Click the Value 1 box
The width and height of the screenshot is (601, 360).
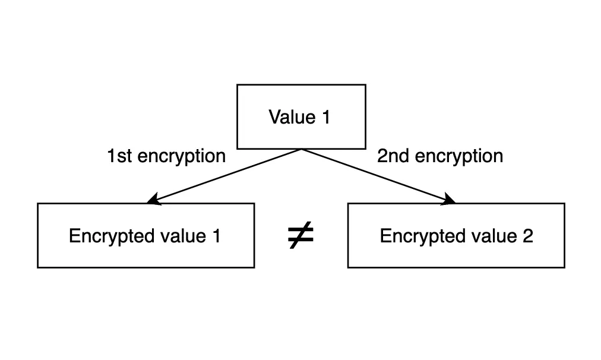tap(301, 116)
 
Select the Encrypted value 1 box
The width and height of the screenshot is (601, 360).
tap(145, 235)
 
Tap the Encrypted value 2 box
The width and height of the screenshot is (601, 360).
tap(456, 235)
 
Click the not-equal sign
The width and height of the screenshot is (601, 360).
tap(300, 236)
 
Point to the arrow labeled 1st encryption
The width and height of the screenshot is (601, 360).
tap(226, 176)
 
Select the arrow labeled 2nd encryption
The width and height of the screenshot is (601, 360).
tap(378, 176)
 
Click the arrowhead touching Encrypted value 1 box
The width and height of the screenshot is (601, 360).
tap(154, 201)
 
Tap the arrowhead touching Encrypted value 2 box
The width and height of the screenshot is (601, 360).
tap(448, 201)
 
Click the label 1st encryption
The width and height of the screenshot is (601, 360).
tap(166, 156)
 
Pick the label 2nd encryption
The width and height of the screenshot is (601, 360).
tap(440, 156)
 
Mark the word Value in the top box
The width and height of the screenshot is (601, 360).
tap(290, 116)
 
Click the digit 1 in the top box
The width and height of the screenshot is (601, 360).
tap(325, 116)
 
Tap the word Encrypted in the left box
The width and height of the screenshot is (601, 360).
tap(105, 236)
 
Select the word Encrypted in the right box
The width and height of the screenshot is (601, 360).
tap(416, 236)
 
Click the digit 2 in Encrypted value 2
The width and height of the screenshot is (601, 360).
tap(527, 236)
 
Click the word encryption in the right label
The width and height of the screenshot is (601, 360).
tap(458, 157)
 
